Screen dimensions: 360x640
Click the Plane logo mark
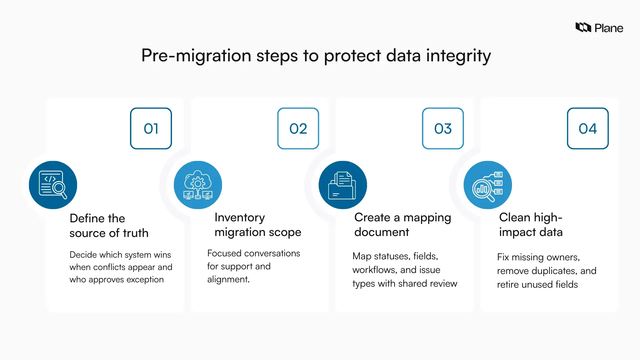pos(583,27)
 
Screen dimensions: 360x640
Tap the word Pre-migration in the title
pos(196,55)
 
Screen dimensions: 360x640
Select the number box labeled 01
pos(151,128)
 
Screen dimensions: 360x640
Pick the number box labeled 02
pos(298,128)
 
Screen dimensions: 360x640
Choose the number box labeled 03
pos(443,128)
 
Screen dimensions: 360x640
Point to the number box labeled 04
pos(588,128)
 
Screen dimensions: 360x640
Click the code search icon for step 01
pos(53,185)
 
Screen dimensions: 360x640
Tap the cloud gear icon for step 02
pos(198,185)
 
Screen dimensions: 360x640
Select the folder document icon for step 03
pos(343,185)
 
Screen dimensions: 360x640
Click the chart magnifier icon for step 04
pos(488,185)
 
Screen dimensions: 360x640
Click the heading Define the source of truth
pos(109,226)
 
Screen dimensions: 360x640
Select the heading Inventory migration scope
pos(258,225)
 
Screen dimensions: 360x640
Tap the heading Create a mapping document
pos(402,225)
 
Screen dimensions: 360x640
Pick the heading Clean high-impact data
pos(531,225)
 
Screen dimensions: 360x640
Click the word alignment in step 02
pos(228,279)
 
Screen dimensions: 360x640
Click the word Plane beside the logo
pos(609,28)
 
